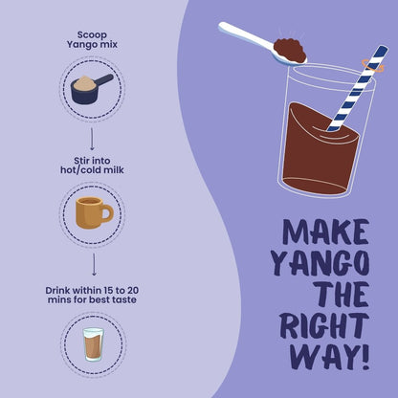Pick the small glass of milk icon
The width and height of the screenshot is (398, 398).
(x=92, y=343)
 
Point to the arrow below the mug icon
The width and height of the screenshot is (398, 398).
(x=92, y=264)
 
